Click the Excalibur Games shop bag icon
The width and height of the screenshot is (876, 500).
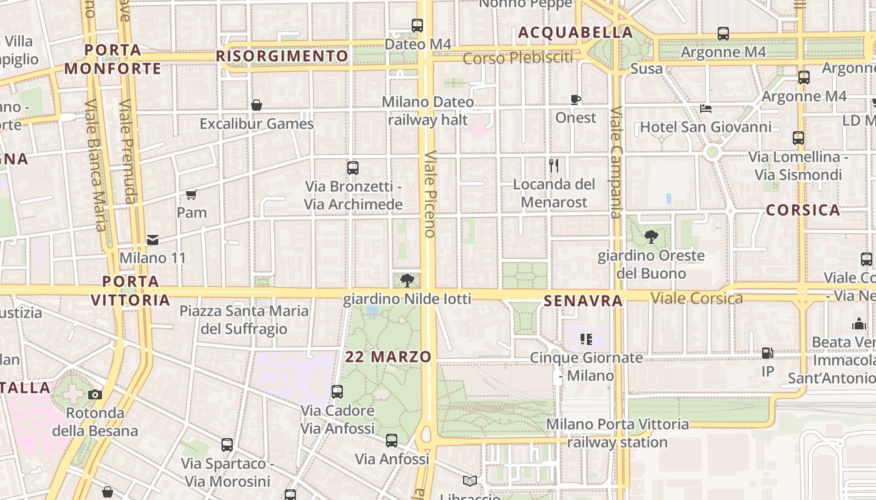[257, 105]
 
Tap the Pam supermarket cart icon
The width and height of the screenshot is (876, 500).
[191, 194]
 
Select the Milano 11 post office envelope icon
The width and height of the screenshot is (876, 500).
[153, 239]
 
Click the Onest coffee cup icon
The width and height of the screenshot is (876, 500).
[576, 99]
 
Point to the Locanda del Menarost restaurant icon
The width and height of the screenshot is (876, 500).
[554, 166]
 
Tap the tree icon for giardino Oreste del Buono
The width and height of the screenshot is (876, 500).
[651, 237]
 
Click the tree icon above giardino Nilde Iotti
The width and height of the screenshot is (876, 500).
[407, 279]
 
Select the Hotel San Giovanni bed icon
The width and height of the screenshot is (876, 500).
[706, 109]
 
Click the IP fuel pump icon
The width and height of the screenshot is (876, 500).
[768, 353]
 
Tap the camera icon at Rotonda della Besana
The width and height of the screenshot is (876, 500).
[95, 394]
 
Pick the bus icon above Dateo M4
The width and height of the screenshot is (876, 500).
[417, 26]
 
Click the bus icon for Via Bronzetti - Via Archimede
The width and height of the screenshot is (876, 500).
[353, 168]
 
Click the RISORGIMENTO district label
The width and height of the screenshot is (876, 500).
[282, 56]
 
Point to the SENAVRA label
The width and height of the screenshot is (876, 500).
[583, 301]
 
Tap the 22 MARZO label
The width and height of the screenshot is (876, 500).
[389, 357]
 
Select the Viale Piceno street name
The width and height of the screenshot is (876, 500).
[429, 194]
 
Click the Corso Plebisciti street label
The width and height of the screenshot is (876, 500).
[518, 58]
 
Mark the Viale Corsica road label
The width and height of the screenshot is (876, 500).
[697, 298]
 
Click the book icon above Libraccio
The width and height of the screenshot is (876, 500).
[469, 481]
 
